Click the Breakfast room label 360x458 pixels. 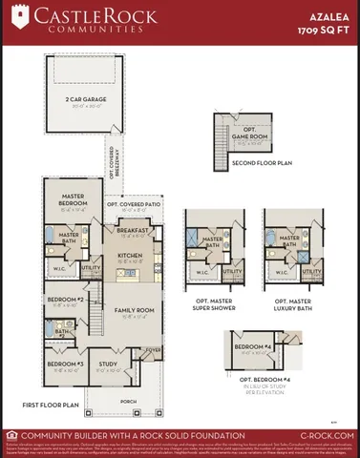pos(133,231)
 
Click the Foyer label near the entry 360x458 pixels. pos(152,350)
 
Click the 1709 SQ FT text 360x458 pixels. pos(324,31)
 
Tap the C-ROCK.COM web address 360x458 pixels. pos(328,435)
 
